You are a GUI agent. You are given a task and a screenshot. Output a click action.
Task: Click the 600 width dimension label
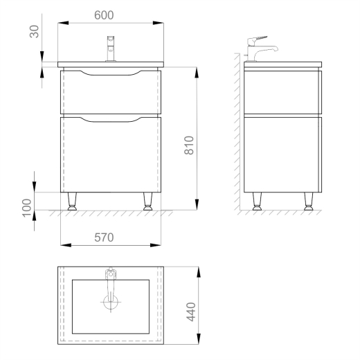pyautogui.click(x=104, y=15)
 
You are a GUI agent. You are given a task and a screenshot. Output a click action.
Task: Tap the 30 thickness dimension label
pyautogui.click(x=34, y=31)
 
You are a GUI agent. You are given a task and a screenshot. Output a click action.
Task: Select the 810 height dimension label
pyautogui.click(x=189, y=145)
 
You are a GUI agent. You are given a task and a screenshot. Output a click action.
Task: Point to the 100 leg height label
pyautogui.click(x=27, y=208)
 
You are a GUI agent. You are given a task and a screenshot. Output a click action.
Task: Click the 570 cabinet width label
pyautogui.click(x=104, y=237)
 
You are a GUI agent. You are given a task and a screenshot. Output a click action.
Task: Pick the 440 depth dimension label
pyautogui.click(x=191, y=312)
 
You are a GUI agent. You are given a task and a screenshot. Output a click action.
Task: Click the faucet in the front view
pyautogui.click(x=111, y=48)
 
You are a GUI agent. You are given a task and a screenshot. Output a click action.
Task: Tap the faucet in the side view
pyautogui.click(x=261, y=49)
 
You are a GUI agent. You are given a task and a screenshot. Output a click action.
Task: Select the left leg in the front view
pyautogui.click(x=72, y=201)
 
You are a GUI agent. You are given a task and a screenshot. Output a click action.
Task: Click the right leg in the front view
pyautogui.click(x=147, y=201)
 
